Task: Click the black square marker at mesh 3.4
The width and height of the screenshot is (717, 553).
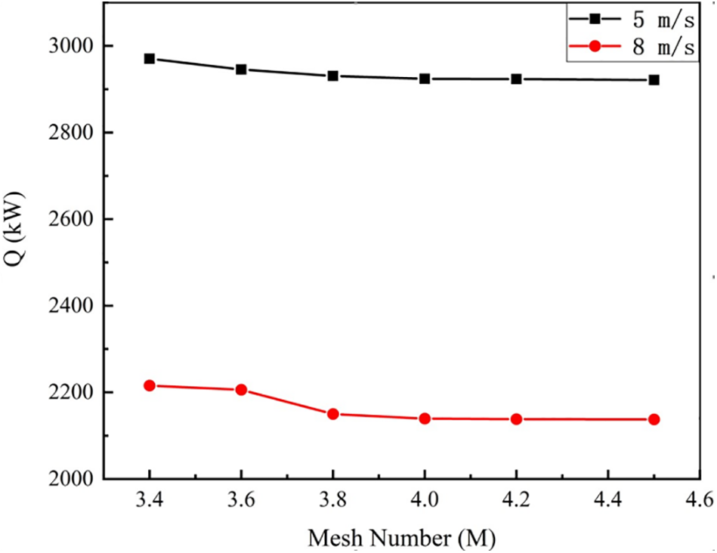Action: (x=150, y=59)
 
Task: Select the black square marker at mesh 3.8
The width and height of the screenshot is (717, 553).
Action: (x=333, y=76)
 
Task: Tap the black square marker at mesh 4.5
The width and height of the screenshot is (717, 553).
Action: (x=654, y=80)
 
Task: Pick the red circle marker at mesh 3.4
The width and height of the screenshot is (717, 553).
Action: (x=150, y=386)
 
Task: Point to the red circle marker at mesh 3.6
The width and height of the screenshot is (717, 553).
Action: (x=241, y=390)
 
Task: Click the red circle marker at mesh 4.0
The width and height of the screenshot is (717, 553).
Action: (x=425, y=419)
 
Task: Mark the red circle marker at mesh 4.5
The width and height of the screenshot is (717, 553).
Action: (x=654, y=419)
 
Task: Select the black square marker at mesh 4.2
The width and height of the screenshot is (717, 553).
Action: (x=516, y=79)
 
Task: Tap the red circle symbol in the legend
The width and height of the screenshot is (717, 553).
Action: (x=596, y=47)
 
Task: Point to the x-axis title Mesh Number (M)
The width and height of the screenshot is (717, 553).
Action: (x=402, y=538)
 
